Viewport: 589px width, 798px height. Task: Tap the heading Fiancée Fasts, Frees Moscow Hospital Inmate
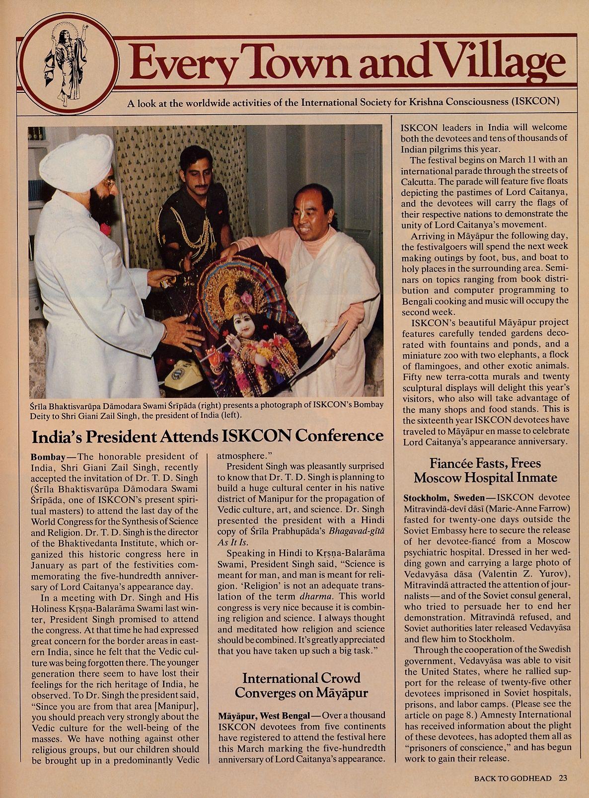(485, 470)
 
